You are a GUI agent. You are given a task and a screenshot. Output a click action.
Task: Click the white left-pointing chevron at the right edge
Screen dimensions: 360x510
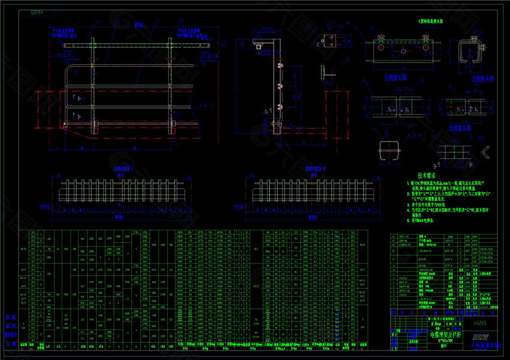coord(485,151)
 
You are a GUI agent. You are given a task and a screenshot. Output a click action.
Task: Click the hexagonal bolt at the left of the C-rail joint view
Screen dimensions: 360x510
coord(382,40)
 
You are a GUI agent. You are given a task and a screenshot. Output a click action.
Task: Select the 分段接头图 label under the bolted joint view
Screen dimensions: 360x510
coord(395,77)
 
